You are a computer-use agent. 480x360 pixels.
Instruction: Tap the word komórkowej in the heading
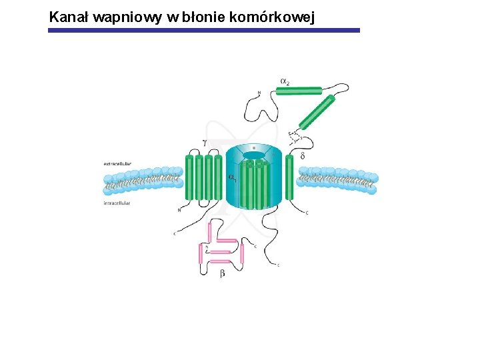click(x=275, y=17)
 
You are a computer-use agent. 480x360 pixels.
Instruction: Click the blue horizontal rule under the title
click(x=204, y=30)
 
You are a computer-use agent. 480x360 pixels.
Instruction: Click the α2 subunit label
click(x=285, y=81)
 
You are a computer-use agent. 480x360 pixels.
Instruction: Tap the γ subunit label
click(x=204, y=143)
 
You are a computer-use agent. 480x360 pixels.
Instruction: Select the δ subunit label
click(x=303, y=156)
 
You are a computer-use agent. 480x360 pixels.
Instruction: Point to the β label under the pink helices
click(x=222, y=274)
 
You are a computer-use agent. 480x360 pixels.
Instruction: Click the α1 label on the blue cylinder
click(x=232, y=178)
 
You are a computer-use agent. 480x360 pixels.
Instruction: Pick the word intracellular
click(x=117, y=203)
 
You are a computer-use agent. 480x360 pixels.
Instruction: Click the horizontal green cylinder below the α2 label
click(x=299, y=91)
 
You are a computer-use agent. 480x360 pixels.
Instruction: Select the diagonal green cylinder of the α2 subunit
click(x=316, y=112)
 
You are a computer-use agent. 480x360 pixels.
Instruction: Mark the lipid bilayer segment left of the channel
click(x=143, y=179)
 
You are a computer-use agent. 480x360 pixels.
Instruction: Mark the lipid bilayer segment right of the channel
click(x=337, y=179)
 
